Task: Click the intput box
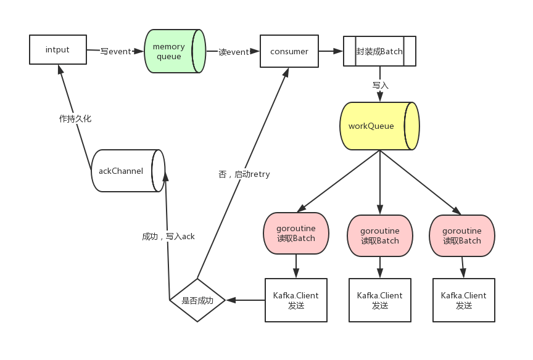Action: (x=58, y=49)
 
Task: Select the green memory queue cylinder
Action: (x=175, y=51)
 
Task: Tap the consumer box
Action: (x=289, y=51)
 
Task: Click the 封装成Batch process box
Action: (x=379, y=51)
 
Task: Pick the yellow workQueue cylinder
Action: (x=379, y=126)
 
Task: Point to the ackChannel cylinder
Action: (x=128, y=171)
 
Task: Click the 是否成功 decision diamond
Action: (x=197, y=300)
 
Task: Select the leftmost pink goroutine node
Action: (x=296, y=233)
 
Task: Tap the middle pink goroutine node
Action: (x=379, y=235)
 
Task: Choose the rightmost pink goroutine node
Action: (x=462, y=235)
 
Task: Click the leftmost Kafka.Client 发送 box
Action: (x=296, y=300)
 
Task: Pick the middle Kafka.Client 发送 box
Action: (x=379, y=300)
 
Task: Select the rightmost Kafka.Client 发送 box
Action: (x=464, y=300)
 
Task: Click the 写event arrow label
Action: (x=115, y=51)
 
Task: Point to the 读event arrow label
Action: (x=234, y=52)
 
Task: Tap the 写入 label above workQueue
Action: (x=381, y=85)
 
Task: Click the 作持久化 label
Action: (x=75, y=118)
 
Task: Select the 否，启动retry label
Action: (x=244, y=174)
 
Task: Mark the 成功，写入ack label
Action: (x=168, y=236)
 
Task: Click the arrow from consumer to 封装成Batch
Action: (x=331, y=51)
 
